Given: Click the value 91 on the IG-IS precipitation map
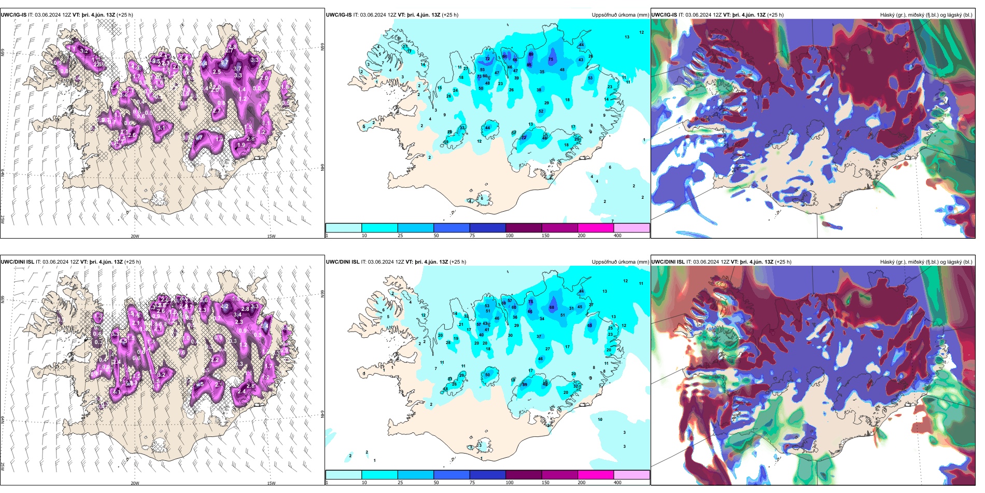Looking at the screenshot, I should (x=505, y=57).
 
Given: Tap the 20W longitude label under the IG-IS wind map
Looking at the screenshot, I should (x=135, y=236).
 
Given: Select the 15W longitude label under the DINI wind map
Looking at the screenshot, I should (x=271, y=483).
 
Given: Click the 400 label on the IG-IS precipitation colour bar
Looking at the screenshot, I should (x=617, y=236).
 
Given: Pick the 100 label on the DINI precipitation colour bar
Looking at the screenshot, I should (x=510, y=483).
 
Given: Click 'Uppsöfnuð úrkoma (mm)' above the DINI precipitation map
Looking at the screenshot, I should (x=620, y=262).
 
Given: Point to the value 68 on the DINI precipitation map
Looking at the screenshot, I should (x=552, y=308).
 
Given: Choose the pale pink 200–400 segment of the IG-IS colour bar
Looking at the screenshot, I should (x=631, y=228).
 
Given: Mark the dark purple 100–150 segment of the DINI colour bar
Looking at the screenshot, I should (x=524, y=475).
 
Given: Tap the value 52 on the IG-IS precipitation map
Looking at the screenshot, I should (x=541, y=112).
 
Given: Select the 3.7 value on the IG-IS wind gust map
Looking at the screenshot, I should (x=237, y=69).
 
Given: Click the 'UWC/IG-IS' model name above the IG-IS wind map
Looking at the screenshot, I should (x=13, y=15).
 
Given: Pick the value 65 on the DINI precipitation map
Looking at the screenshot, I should (x=590, y=326).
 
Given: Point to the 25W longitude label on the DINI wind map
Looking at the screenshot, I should (x=3, y=467).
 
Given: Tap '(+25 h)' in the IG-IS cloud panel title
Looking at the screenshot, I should (x=775, y=15).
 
